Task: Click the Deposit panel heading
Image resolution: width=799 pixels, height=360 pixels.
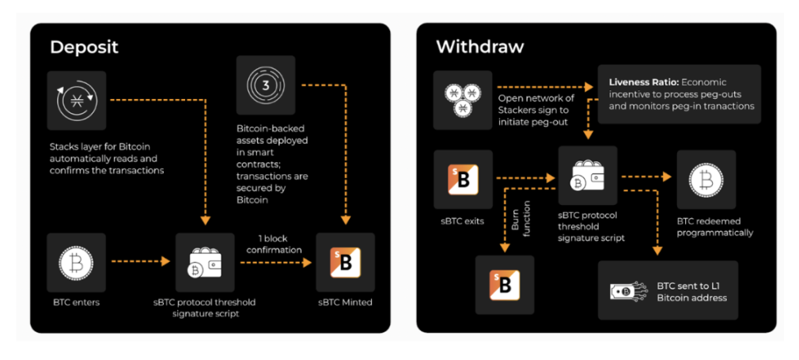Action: coord(84,47)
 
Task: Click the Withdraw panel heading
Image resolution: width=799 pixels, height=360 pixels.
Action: coord(479,47)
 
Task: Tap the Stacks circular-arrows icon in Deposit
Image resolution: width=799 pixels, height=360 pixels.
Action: coord(76,100)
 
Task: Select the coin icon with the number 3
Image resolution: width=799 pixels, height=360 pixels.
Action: coord(266,85)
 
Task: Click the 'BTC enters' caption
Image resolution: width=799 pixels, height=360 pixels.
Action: coord(76,302)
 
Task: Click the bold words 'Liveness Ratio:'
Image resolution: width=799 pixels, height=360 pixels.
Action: coord(643,82)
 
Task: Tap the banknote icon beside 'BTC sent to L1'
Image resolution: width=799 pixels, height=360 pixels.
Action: coord(629,291)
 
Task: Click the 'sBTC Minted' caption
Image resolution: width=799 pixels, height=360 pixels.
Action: coord(345,302)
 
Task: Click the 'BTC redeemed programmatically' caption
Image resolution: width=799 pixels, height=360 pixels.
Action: coord(715,228)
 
